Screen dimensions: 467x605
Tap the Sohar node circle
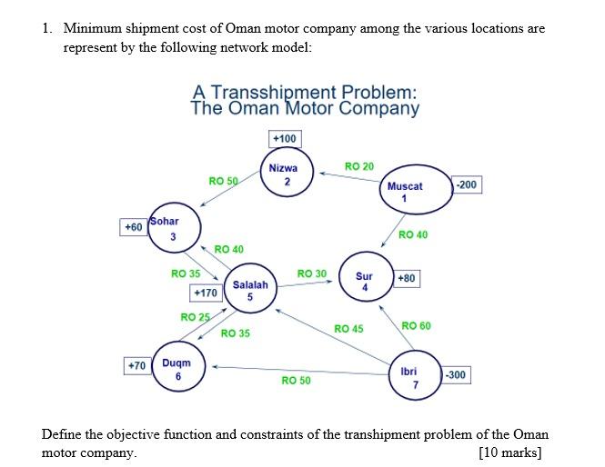pyautogui.click(x=173, y=228)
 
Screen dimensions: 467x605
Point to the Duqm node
pyautogui.click(x=178, y=369)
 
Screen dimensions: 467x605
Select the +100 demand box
pyautogui.click(x=284, y=138)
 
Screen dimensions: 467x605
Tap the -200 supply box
pyautogui.click(x=467, y=184)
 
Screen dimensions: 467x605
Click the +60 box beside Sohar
pyautogui.click(x=133, y=226)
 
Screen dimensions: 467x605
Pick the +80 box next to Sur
pyautogui.click(x=406, y=277)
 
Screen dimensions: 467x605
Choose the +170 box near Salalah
pyautogui.click(x=205, y=293)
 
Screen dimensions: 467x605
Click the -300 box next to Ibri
pyautogui.click(x=456, y=374)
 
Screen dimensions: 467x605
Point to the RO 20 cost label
pyautogui.click(x=359, y=166)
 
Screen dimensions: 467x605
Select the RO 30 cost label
pyautogui.click(x=311, y=273)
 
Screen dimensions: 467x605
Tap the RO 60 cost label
pyautogui.click(x=416, y=325)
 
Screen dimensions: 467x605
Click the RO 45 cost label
pyautogui.click(x=348, y=328)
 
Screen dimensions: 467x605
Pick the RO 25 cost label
pyautogui.click(x=195, y=317)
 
